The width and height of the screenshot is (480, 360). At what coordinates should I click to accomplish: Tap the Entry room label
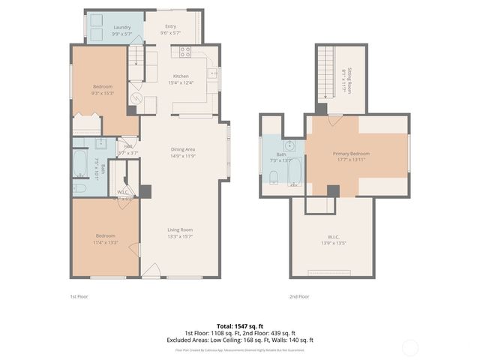coord(171,27)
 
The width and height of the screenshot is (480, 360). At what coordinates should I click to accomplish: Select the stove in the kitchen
coord(184,52)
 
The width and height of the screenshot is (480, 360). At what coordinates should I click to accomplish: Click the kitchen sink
coord(212,73)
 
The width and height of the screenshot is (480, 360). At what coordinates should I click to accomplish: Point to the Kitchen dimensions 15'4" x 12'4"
coord(181,82)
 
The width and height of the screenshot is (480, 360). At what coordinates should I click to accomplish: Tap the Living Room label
coord(180,229)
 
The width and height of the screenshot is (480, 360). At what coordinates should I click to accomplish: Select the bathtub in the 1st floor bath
coord(80,162)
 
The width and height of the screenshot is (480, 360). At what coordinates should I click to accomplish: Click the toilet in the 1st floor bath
coord(80,187)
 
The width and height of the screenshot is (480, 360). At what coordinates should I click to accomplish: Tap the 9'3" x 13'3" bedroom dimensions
coord(103,93)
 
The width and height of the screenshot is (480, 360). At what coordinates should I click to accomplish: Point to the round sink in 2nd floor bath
coord(289,145)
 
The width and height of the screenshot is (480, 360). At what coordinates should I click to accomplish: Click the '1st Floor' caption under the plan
coord(78,297)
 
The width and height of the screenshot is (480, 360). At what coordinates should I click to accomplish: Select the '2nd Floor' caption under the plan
coord(299,297)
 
